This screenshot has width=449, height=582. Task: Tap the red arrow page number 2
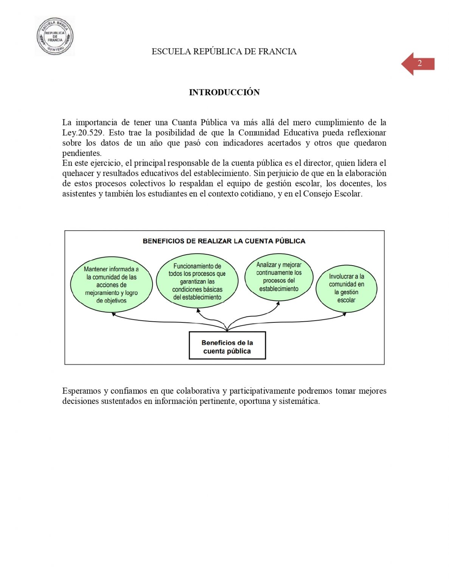pyautogui.click(x=418, y=64)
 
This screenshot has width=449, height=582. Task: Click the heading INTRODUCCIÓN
pyautogui.click(x=224, y=92)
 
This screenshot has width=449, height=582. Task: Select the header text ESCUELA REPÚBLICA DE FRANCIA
pyautogui.click(x=224, y=52)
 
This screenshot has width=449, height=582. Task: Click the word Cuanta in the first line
pyautogui.click(x=184, y=123)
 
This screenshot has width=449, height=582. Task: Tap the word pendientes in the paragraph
pyautogui.click(x=82, y=153)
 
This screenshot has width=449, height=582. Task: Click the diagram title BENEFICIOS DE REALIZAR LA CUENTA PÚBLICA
pyautogui.click(x=224, y=241)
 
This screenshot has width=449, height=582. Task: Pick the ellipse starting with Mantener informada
pyautogui.click(x=111, y=285)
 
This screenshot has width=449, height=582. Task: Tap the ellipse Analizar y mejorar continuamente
pyautogui.click(x=279, y=277)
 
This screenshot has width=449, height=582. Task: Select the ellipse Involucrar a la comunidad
pyautogui.click(x=346, y=288)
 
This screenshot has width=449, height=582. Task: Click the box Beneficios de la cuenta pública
pyautogui.click(x=227, y=346)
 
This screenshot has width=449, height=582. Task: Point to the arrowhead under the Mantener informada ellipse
pyautogui.click(x=113, y=314)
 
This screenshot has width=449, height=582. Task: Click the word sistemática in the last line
pyautogui.click(x=299, y=401)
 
